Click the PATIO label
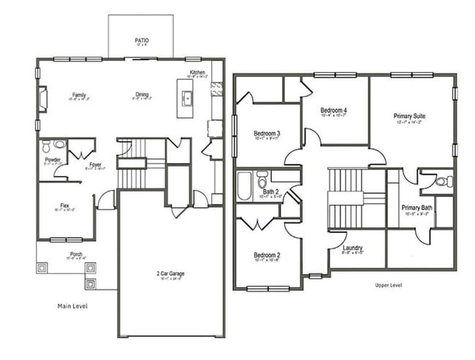point(141,41)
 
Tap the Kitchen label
point(197,72)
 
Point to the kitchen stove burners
point(216,89)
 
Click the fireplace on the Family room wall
point(42,98)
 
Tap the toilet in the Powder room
point(47,145)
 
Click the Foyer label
point(95,165)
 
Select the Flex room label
point(65,206)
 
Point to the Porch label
point(76,255)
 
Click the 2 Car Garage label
point(170,273)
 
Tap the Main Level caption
point(72,306)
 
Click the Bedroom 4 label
point(334,111)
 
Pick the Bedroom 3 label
point(267,134)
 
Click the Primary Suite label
point(409,116)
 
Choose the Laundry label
point(352,248)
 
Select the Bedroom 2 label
point(267,255)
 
